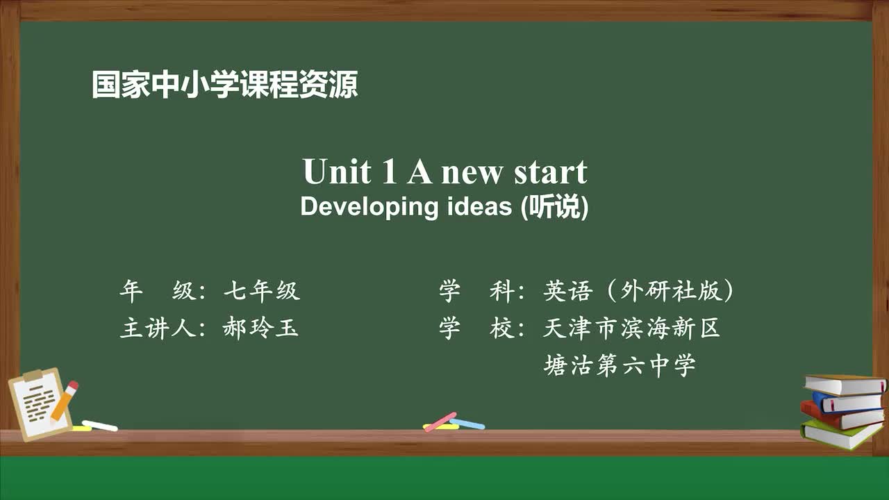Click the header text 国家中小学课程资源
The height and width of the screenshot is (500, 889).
[x=224, y=85]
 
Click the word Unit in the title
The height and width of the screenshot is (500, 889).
[x=336, y=172]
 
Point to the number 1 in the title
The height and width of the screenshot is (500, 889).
[x=389, y=172]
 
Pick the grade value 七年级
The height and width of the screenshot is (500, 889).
[x=261, y=291]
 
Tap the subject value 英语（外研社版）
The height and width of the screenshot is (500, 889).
[x=638, y=291]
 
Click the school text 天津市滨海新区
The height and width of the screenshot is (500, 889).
[x=631, y=328]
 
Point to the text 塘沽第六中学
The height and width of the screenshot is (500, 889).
[x=619, y=365]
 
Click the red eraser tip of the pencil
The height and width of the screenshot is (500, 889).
[x=72, y=386]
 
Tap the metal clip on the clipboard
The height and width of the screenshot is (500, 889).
[x=33, y=376]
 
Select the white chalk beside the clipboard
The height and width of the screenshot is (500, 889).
[x=100, y=425]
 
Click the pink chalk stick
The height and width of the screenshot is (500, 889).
[x=440, y=422]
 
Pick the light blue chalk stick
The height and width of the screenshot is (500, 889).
[x=467, y=424]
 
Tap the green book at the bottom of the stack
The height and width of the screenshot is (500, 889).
[x=840, y=436]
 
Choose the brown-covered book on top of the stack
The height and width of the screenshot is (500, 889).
[x=845, y=384]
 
